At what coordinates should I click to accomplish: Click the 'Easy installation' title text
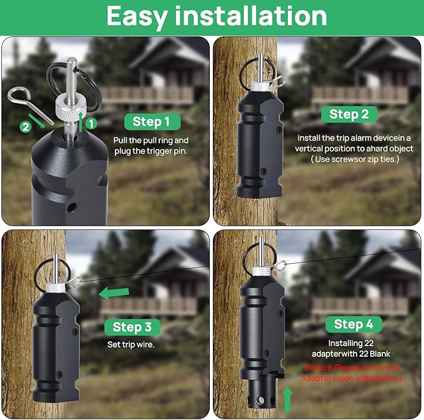217,16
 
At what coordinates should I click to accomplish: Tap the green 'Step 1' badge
152,121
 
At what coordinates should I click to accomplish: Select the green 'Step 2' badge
349,114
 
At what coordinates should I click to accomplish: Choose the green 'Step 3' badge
132,327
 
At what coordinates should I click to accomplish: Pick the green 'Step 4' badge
353,324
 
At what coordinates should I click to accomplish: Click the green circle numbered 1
91,124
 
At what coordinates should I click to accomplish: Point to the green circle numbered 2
26,127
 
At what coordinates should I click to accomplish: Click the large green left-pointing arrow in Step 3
114,293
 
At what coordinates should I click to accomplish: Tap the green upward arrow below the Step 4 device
287,399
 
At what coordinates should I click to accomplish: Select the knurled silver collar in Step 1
71,107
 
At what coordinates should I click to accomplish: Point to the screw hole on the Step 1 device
72,207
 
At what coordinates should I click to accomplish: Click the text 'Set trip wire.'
131,344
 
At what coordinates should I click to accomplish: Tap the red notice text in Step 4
352,372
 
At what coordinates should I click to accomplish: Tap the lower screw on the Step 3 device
59,374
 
